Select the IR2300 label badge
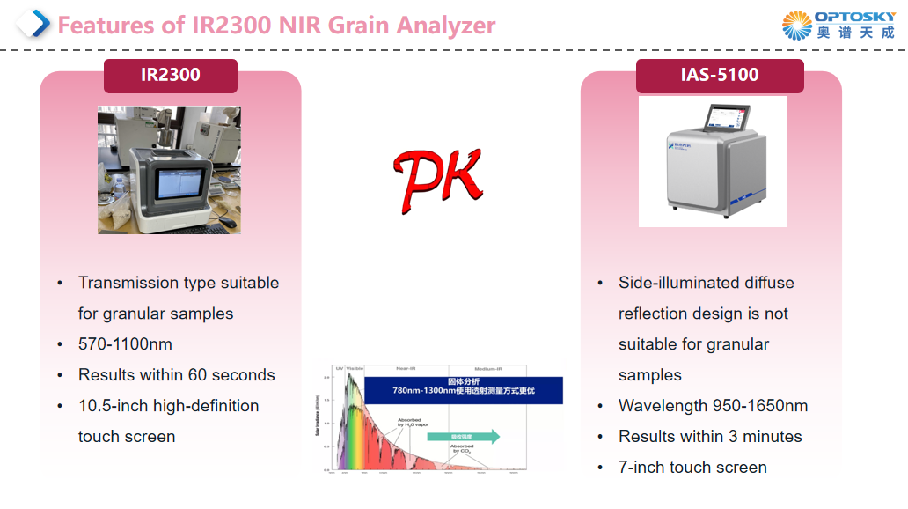171,75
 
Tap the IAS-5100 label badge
719,75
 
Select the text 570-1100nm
125,344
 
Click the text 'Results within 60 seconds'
176,375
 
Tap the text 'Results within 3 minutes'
710,437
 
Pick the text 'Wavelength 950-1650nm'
713,406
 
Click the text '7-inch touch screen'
692,468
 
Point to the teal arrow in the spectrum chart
464,436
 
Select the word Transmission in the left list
128,283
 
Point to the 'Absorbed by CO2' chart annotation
462,448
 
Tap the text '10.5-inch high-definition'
168,406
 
